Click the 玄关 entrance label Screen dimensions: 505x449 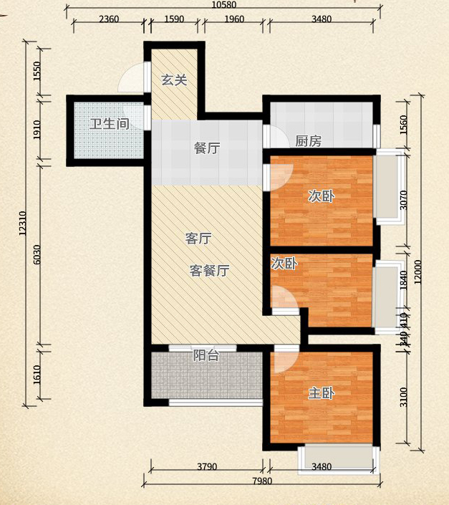173,80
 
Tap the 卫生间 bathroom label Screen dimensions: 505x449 109,123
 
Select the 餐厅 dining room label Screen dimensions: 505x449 206,148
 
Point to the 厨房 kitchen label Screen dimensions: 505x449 308,141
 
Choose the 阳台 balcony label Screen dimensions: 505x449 206,355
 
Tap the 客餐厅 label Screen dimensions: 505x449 209,271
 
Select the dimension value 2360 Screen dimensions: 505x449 108,19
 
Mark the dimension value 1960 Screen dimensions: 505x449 233,19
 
